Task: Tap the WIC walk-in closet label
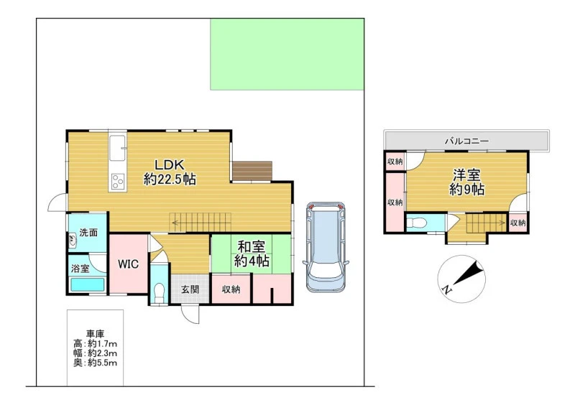tap(128, 264)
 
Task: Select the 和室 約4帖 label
tap(252, 253)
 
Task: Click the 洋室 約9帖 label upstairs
tap(466, 182)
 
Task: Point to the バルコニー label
tap(466, 141)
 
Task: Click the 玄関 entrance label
tap(190, 289)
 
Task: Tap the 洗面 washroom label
tap(88, 233)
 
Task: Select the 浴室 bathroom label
tap(80, 269)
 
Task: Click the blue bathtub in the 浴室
tap(87, 285)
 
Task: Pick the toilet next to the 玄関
tap(159, 292)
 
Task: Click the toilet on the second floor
tap(416, 223)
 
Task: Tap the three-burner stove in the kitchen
tap(118, 181)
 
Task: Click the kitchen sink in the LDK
tap(118, 148)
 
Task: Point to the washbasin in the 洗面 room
tap(73, 241)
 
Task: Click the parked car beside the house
tap(326, 247)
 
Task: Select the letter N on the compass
tap(446, 289)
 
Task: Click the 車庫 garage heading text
tap(96, 334)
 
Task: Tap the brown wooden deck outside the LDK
tap(252, 171)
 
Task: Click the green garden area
tap(287, 55)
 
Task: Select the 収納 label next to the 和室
tap(231, 289)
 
